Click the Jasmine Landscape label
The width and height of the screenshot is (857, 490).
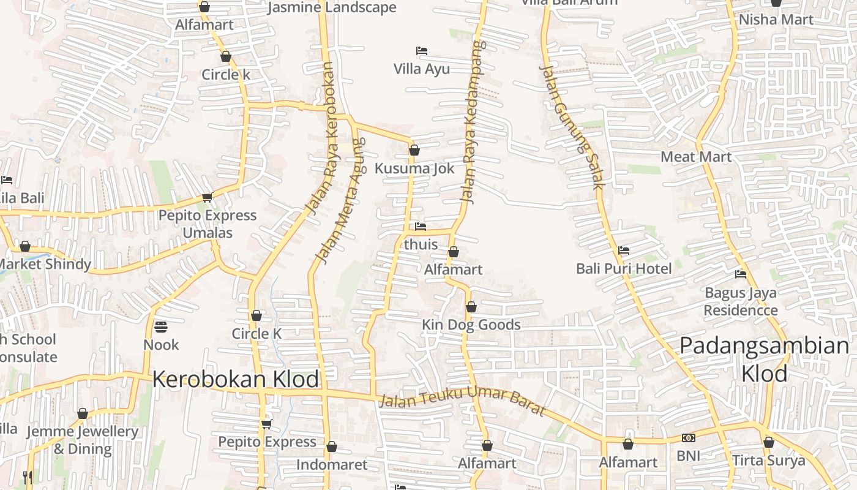(332, 8)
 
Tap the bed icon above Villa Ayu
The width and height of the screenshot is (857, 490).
(421, 50)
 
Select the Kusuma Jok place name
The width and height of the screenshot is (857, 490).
(414, 168)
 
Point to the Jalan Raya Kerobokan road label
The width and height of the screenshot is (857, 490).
(322, 139)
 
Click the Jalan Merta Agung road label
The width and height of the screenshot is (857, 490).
(340, 201)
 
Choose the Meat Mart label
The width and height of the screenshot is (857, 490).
(696, 157)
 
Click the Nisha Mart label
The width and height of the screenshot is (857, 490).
(776, 20)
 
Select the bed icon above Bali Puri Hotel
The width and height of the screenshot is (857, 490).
(624, 250)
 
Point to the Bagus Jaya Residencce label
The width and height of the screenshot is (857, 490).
(741, 301)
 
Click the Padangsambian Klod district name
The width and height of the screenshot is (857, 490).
(765, 359)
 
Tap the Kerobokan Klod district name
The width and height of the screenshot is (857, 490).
(236, 379)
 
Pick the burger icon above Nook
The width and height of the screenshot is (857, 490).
(161, 327)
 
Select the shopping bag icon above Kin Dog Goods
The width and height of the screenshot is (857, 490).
(471, 307)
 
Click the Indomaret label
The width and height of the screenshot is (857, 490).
(332, 465)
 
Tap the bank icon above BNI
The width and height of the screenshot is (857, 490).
(688, 438)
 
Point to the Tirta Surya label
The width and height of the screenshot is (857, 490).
(769, 461)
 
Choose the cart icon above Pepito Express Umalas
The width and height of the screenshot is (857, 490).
(207, 197)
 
